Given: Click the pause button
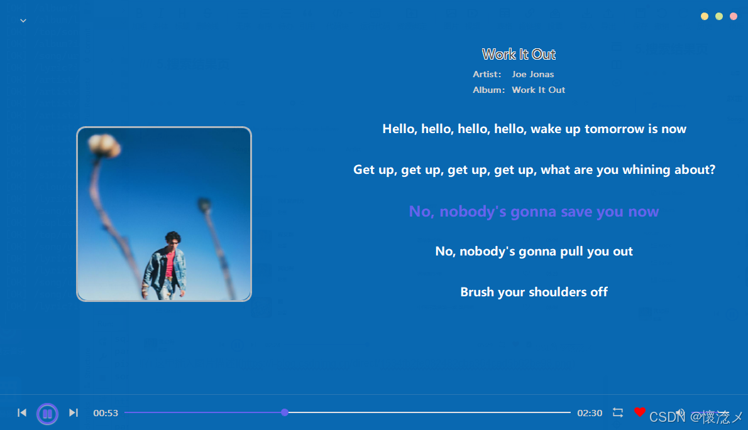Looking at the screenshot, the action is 47,413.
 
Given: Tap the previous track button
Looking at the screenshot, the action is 22,412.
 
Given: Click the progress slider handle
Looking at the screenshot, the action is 285,412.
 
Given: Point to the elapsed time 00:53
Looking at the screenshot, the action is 106,413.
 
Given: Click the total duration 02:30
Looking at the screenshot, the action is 590,413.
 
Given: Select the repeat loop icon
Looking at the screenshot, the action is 618,412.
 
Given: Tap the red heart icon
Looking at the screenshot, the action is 640,412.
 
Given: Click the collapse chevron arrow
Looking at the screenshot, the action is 23,21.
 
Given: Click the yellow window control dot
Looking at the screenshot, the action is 704,16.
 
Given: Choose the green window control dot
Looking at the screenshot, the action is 719,16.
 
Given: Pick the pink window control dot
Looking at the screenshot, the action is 734,16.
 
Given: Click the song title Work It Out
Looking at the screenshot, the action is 519,54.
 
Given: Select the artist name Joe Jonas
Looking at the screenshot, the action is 533,74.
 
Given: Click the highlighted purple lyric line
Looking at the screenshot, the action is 534,212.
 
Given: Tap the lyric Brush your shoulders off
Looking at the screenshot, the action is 534,292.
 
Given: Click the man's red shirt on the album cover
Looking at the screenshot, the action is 170,264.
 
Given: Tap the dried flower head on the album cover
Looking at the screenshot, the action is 104,144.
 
